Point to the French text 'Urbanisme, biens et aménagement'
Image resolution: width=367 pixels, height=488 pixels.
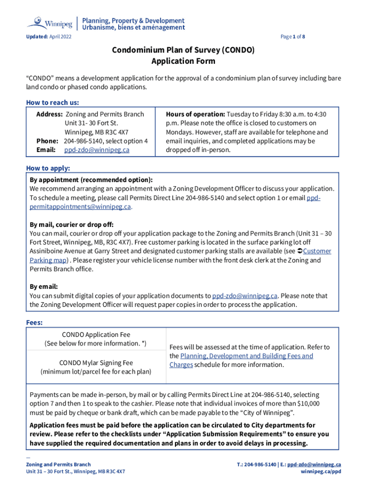(x=133, y=28)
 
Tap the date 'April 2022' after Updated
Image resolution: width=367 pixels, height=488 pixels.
(x=60, y=37)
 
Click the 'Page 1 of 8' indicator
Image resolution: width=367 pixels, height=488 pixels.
(x=293, y=37)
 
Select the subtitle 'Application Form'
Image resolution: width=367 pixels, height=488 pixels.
(x=183, y=61)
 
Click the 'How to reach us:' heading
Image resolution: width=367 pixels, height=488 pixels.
(x=52, y=102)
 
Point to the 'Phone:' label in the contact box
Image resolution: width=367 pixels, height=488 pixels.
(x=47, y=141)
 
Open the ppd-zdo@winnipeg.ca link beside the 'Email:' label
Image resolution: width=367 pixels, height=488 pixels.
(x=97, y=150)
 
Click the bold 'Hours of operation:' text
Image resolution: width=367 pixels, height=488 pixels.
(x=195, y=114)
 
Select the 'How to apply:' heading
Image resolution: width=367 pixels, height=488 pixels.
(x=48, y=168)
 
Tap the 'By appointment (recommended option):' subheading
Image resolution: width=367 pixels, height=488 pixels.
(x=91, y=180)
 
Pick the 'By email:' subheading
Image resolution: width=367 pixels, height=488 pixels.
(x=44, y=287)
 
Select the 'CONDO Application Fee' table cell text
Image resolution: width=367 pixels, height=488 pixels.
(x=96, y=335)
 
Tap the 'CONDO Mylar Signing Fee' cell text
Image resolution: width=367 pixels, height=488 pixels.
(x=96, y=363)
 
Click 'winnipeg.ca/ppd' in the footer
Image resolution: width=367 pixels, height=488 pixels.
(x=320, y=471)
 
